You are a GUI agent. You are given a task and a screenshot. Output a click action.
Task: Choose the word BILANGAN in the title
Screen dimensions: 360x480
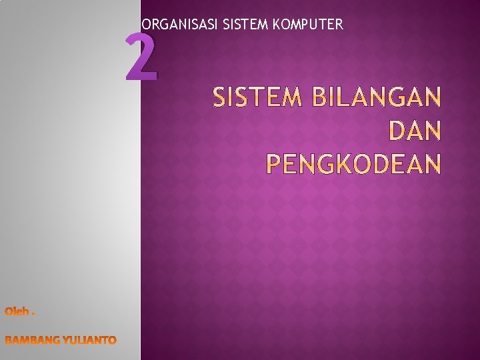377,99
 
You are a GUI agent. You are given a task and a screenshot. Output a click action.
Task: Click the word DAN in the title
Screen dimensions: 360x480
414,131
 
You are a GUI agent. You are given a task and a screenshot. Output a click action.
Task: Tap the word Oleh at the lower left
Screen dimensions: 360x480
17,311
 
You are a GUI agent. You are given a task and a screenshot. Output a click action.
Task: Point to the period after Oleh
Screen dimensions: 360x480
34,313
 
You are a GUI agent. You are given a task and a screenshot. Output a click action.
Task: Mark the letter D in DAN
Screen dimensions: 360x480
396,131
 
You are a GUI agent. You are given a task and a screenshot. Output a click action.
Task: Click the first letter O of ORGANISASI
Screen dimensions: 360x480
146,25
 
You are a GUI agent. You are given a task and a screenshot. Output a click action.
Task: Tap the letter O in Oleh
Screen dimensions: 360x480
9,311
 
